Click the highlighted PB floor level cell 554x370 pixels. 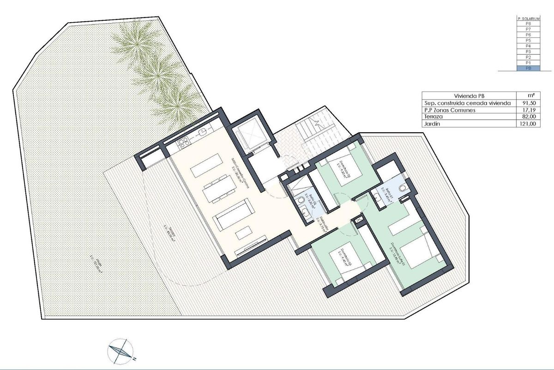point(525,68)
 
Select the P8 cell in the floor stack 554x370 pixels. point(525,24)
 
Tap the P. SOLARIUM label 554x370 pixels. point(525,18)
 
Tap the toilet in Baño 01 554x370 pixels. point(404,186)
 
